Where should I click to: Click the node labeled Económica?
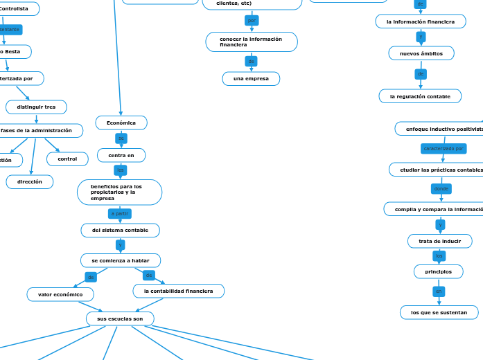[121, 123]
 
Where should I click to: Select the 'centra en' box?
[121, 155]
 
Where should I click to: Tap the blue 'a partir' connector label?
[120, 213]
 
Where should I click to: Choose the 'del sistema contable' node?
[121, 230]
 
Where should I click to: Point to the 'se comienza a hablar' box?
[121, 260]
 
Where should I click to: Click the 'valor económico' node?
[60, 295]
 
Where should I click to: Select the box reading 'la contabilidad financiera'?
[178, 291]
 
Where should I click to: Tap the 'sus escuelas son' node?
[120, 318]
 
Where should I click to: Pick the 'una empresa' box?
[251, 79]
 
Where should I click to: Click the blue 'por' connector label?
[252, 21]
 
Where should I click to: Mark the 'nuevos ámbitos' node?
[421, 53]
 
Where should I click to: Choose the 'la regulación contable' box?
[420, 96]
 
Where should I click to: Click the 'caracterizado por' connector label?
[444, 148]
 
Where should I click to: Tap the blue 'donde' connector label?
[441, 188]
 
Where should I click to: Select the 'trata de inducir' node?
[439, 241]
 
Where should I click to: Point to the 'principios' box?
[438, 271]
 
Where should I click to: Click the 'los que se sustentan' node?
[439, 312]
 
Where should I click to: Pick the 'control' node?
[67, 159]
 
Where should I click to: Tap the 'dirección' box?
[30, 182]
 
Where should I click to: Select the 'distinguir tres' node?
[36, 107]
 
